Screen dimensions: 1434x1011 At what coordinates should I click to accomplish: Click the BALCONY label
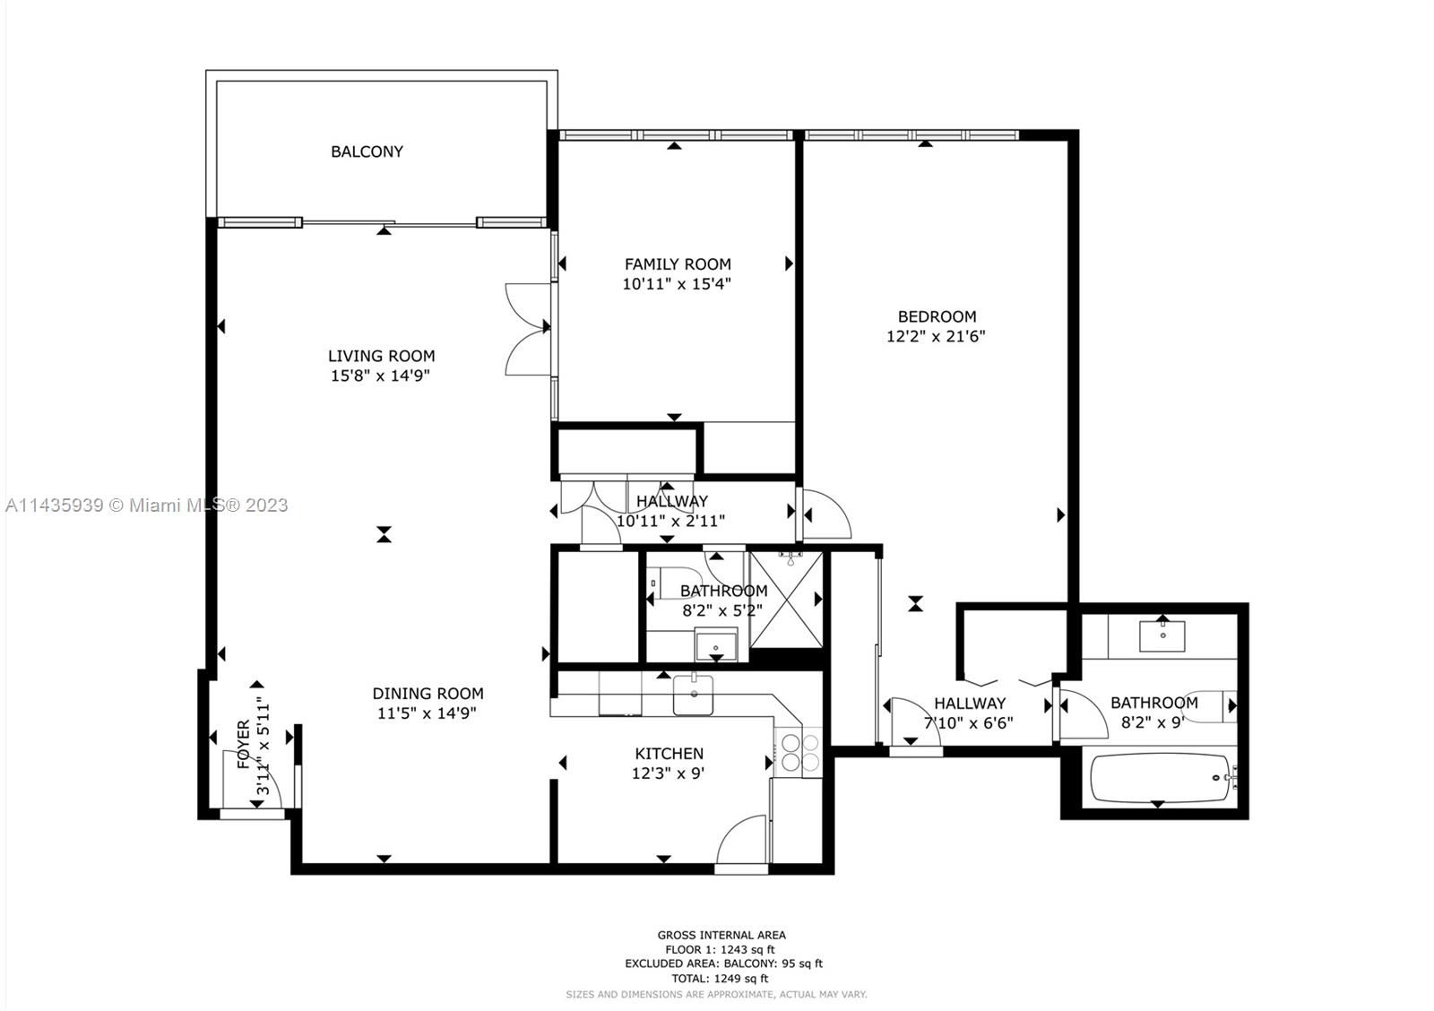click(x=367, y=151)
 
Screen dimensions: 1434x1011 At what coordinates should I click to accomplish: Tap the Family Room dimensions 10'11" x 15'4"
click(x=677, y=283)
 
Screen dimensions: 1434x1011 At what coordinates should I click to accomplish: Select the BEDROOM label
click(x=937, y=316)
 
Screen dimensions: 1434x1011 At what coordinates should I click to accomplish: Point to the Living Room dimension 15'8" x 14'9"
click(x=380, y=376)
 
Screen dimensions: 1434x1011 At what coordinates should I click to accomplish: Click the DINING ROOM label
click(x=428, y=694)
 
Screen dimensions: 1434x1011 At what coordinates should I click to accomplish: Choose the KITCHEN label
click(x=669, y=754)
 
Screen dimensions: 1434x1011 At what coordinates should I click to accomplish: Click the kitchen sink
click(x=694, y=696)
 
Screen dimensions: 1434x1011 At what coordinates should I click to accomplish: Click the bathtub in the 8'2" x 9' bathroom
click(x=1160, y=777)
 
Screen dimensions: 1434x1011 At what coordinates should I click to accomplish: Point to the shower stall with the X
click(x=786, y=600)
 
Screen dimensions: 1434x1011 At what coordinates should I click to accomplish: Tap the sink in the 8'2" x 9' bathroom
click(x=1162, y=636)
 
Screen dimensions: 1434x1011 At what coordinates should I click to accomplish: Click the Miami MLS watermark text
click(x=147, y=505)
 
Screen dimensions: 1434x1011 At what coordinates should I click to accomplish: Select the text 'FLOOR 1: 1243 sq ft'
click(x=721, y=949)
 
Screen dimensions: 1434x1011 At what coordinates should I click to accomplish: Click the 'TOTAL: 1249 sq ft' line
click(x=721, y=979)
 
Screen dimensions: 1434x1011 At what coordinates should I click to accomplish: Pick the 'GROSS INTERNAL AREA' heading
click(x=721, y=935)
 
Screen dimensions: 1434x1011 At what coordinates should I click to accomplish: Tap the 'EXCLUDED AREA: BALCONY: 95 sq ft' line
click(x=724, y=963)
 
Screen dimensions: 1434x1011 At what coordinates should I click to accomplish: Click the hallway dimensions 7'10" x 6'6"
click(x=969, y=723)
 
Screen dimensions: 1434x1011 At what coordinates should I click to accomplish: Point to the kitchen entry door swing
click(x=741, y=839)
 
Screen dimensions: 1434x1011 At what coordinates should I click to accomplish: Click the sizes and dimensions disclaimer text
click(x=716, y=994)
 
